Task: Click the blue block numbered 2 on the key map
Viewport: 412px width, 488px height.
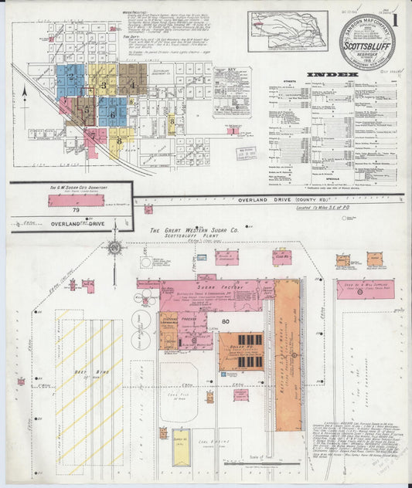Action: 70,78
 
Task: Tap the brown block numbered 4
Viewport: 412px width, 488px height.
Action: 131,83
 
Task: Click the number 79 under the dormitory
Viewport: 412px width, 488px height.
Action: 76,211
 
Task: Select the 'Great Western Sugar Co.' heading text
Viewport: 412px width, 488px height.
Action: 194,230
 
